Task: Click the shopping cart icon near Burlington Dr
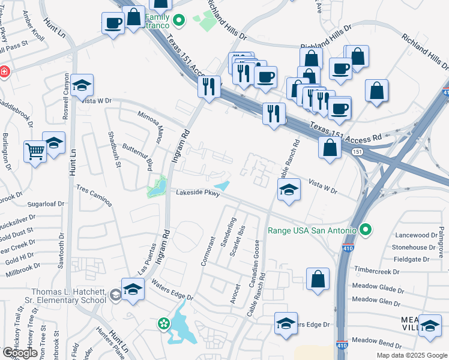35,151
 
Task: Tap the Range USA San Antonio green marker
364,230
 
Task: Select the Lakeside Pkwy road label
198,193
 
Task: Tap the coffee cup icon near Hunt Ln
113,24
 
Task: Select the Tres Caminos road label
94,196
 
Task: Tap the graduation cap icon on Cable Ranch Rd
289,191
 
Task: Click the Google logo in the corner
20,353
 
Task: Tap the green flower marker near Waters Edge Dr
164,324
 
